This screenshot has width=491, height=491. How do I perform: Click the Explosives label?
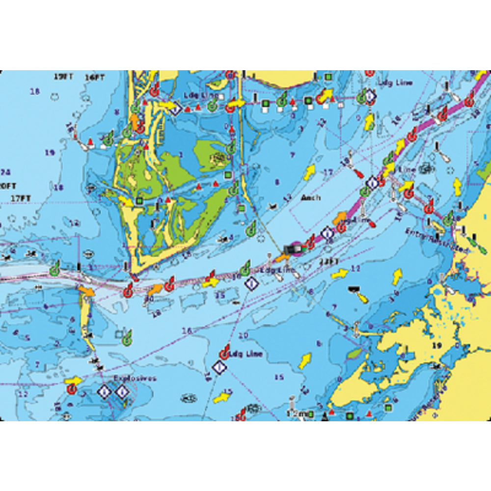pos(135,378)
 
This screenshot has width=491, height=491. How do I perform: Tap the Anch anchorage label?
pos(311,197)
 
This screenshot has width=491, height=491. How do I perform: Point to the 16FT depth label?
pos(94,78)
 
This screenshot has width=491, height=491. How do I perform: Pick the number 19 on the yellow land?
pos(436,346)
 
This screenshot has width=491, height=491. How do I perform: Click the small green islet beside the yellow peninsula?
pos(355,353)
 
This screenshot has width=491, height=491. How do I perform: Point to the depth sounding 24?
pos(6,172)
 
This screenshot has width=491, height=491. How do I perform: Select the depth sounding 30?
pos(150,299)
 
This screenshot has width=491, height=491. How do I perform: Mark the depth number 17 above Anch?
pos(328,172)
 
